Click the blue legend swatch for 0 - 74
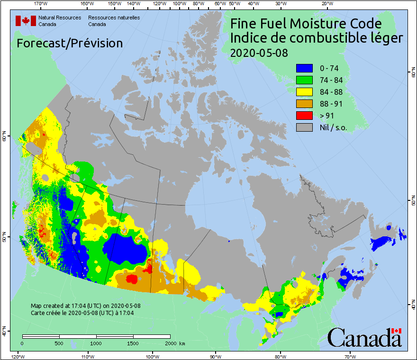click(x=304, y=68)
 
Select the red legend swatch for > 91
click(x=304, y=115)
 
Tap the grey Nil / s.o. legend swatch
click(x=304, y=127)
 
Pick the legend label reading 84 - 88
click(x=331, y=92)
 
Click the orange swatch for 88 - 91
click(x=304, y=103)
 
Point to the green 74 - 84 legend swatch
click(x=304, y=80)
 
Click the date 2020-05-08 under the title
click(x=259, y=53)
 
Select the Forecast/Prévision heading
click(x=70, y=43)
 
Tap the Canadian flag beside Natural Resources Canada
click(x=26, y=21)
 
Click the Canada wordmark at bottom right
click(x=364, y=337)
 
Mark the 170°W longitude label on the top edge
click(x=41, y=4)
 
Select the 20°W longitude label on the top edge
click(x=326, y=4)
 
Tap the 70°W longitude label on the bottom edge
click(x=350, y=356)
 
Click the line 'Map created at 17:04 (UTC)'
click(x=85, y=306)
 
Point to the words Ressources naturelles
click(x=104, y=18)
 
